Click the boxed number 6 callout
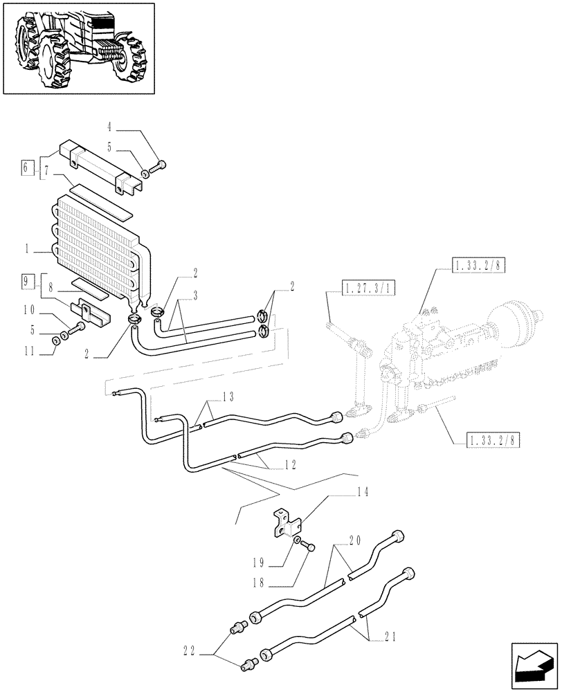[x=26, y=167]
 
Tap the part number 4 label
[x=109, y=127]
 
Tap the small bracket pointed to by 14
[x=286, y=523]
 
